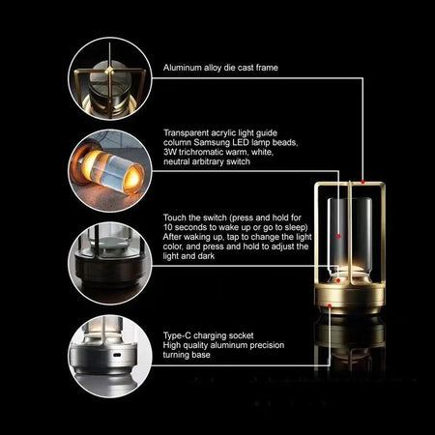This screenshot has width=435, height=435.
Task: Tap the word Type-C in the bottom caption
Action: pos(178,335)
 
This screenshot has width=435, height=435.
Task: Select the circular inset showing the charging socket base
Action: pos(106,352)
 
